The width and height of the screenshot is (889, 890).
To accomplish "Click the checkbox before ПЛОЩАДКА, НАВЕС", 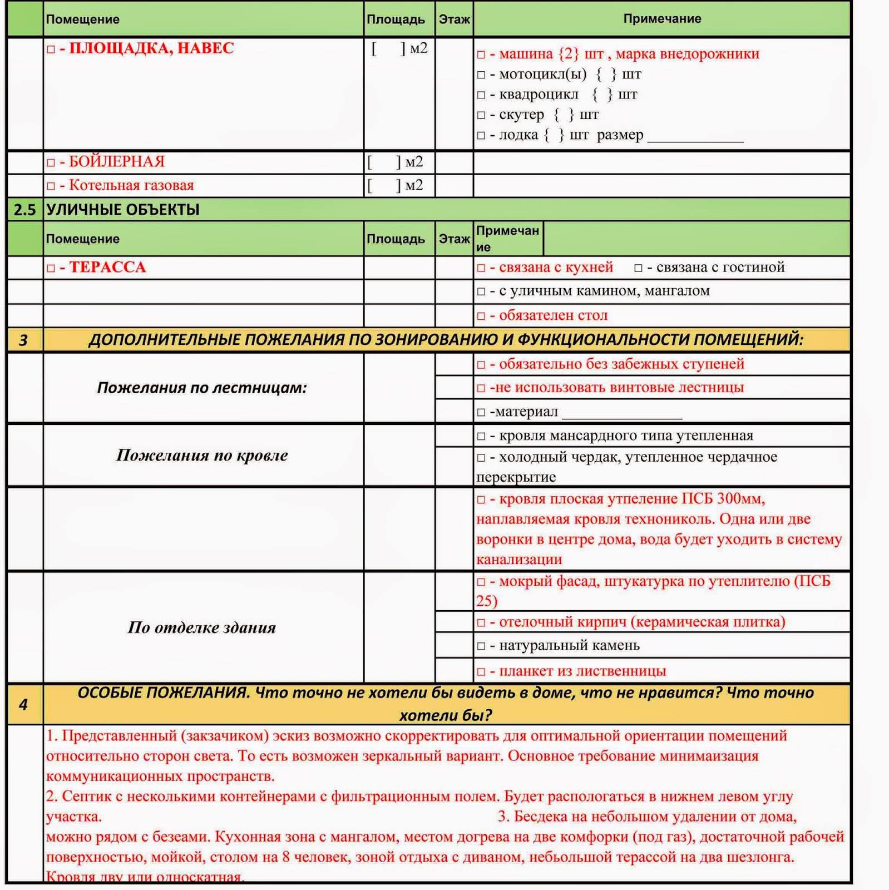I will click(x=51, y=50).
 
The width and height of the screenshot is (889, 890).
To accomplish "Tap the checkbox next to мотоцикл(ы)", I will click(x=481, y=75).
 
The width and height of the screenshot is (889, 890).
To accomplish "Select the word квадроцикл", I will click(x=539, y=95).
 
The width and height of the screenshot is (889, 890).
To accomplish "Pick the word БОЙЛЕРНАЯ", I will click(x=117, y=162).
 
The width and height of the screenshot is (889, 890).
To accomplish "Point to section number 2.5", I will click(x=25, y=210).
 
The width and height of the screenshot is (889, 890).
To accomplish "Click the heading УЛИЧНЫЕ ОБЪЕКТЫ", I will click(x=122, y=210).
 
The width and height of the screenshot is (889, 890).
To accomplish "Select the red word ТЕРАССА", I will click(x=107, y=268).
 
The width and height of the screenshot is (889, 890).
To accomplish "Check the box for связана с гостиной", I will click(x=638, y=268).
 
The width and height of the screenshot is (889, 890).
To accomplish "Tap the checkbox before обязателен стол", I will click(x=481, y=317).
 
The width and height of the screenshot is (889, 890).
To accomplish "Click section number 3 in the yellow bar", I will click(x=23, y=340).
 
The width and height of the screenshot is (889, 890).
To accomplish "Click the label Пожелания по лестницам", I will click(x=202, y=388).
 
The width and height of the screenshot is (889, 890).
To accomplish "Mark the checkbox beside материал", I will click(x=481, y=413).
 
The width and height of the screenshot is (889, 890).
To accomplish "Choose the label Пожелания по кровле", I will click(x=202, y=456).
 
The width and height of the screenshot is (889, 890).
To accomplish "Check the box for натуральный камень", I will click(x=481, y=646).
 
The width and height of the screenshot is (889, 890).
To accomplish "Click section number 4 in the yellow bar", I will click(x=23, y=705).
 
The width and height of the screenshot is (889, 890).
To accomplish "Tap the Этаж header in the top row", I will click(x=454, y=19).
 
